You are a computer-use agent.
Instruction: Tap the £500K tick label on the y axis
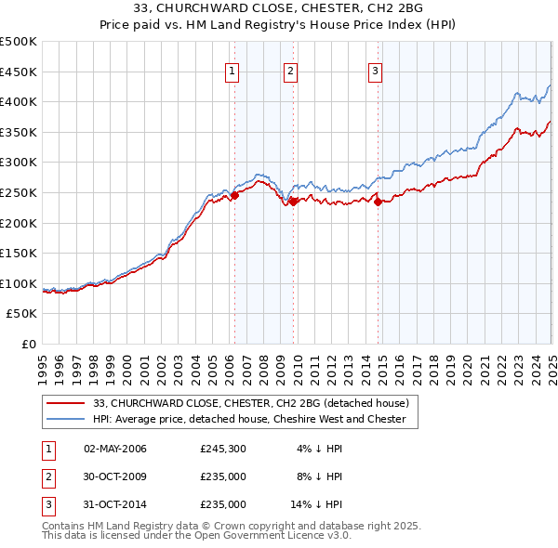(19, 42)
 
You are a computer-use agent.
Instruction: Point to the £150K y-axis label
(19, 254)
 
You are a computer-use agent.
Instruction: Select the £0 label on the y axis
(28, 344)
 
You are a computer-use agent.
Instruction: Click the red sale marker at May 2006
(235, 195)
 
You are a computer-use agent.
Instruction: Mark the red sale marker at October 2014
(379, 202)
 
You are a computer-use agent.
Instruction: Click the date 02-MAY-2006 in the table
(115, 450)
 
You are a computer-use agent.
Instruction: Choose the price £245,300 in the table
(223, 450)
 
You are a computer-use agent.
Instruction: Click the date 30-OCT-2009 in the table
(115, 477)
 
